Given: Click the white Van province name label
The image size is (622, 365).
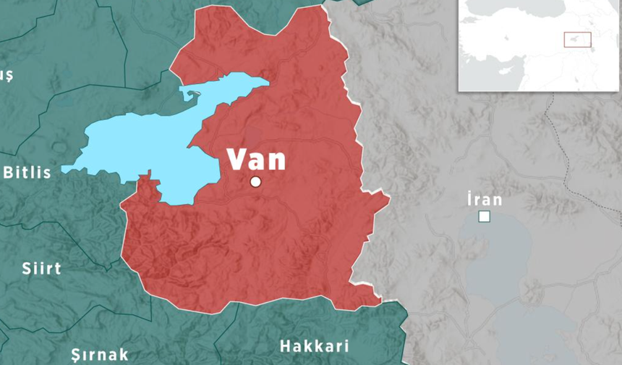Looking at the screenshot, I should tap(257, 159).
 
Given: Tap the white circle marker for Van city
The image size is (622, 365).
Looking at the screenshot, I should tap(255, 182).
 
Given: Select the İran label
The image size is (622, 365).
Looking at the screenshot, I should tap(485, 199).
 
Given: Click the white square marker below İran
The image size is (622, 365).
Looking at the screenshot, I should tap(485, 216).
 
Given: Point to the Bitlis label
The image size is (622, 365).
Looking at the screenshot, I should tap(27, 172).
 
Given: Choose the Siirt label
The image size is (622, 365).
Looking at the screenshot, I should tap(41, 268).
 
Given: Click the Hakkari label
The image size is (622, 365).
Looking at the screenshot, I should tap(314, 345).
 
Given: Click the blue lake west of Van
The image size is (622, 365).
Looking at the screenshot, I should tap(145, 145).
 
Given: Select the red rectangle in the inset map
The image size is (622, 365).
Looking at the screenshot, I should tap(577, 40).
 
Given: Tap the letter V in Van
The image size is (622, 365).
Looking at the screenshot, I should tap(236, 159).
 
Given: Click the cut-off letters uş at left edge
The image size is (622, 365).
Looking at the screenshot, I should tap(7, 75).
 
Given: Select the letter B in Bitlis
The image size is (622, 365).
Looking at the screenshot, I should tap(9, 172).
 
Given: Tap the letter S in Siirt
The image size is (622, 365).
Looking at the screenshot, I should tap(27, 268).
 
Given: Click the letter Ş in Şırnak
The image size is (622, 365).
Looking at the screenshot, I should tap(76, 355).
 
